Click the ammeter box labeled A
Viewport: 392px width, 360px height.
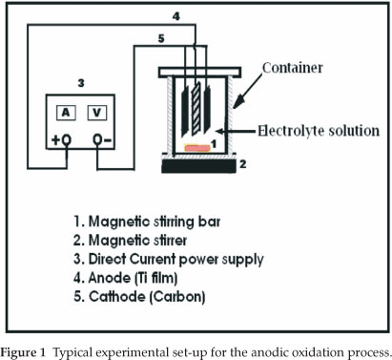click(66, 113)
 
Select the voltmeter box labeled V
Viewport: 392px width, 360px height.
click(97, 113)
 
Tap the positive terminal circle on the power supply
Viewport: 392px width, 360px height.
click(67, 139)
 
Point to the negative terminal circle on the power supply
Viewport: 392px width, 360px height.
click(97, 139)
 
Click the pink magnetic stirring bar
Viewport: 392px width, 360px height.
click(197, 148)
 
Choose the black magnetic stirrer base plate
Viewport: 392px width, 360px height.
click(198, 165)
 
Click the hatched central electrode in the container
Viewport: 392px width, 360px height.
click(196, 109)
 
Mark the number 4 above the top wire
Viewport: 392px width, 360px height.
click(175, 16)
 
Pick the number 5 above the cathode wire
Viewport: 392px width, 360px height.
click(161, 38)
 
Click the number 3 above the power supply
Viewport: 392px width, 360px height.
click(81, 83)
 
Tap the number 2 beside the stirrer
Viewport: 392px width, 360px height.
click(243, 164)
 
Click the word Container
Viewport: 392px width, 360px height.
click(293, 68)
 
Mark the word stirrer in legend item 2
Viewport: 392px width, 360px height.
click(170, 240)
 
